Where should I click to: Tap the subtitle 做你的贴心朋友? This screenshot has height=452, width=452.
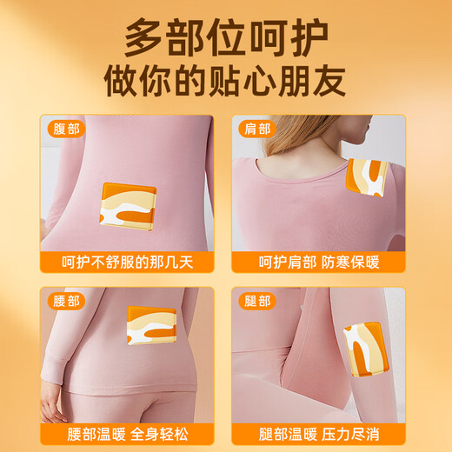point(225,81)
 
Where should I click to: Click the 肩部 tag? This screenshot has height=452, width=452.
point(257,129)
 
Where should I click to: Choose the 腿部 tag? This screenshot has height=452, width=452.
point(257,301)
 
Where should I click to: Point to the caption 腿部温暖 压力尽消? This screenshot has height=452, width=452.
point(319,433)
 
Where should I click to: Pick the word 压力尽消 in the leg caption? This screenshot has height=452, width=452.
point(351,433)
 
